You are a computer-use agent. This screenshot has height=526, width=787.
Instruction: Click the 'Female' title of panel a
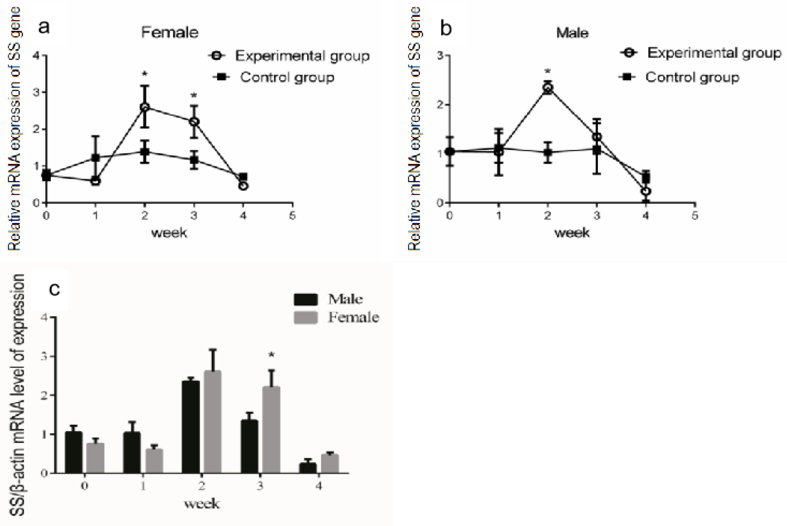[170, 32]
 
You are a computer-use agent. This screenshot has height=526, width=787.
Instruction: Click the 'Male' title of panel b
[572, 33]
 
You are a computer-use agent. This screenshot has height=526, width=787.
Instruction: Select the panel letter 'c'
[54, 289]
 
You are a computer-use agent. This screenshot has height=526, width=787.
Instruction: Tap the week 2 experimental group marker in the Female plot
[145, 107]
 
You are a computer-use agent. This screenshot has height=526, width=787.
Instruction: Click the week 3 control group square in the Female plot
[194, 160]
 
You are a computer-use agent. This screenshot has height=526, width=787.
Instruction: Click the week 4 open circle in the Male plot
[646, 191]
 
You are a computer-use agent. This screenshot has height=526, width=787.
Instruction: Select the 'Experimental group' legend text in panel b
[714, 53]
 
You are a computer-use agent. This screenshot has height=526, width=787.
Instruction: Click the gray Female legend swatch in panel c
[305, 317]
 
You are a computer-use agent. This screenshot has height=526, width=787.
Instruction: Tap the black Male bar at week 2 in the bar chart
[190, 427]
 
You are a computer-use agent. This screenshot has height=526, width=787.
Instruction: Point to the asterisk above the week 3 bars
[272, 355]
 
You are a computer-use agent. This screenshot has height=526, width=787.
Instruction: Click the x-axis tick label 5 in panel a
[292, 216]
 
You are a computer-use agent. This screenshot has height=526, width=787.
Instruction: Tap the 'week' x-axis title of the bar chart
[202, 503]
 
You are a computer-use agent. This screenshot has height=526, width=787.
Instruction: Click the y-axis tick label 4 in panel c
[44, 317]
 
